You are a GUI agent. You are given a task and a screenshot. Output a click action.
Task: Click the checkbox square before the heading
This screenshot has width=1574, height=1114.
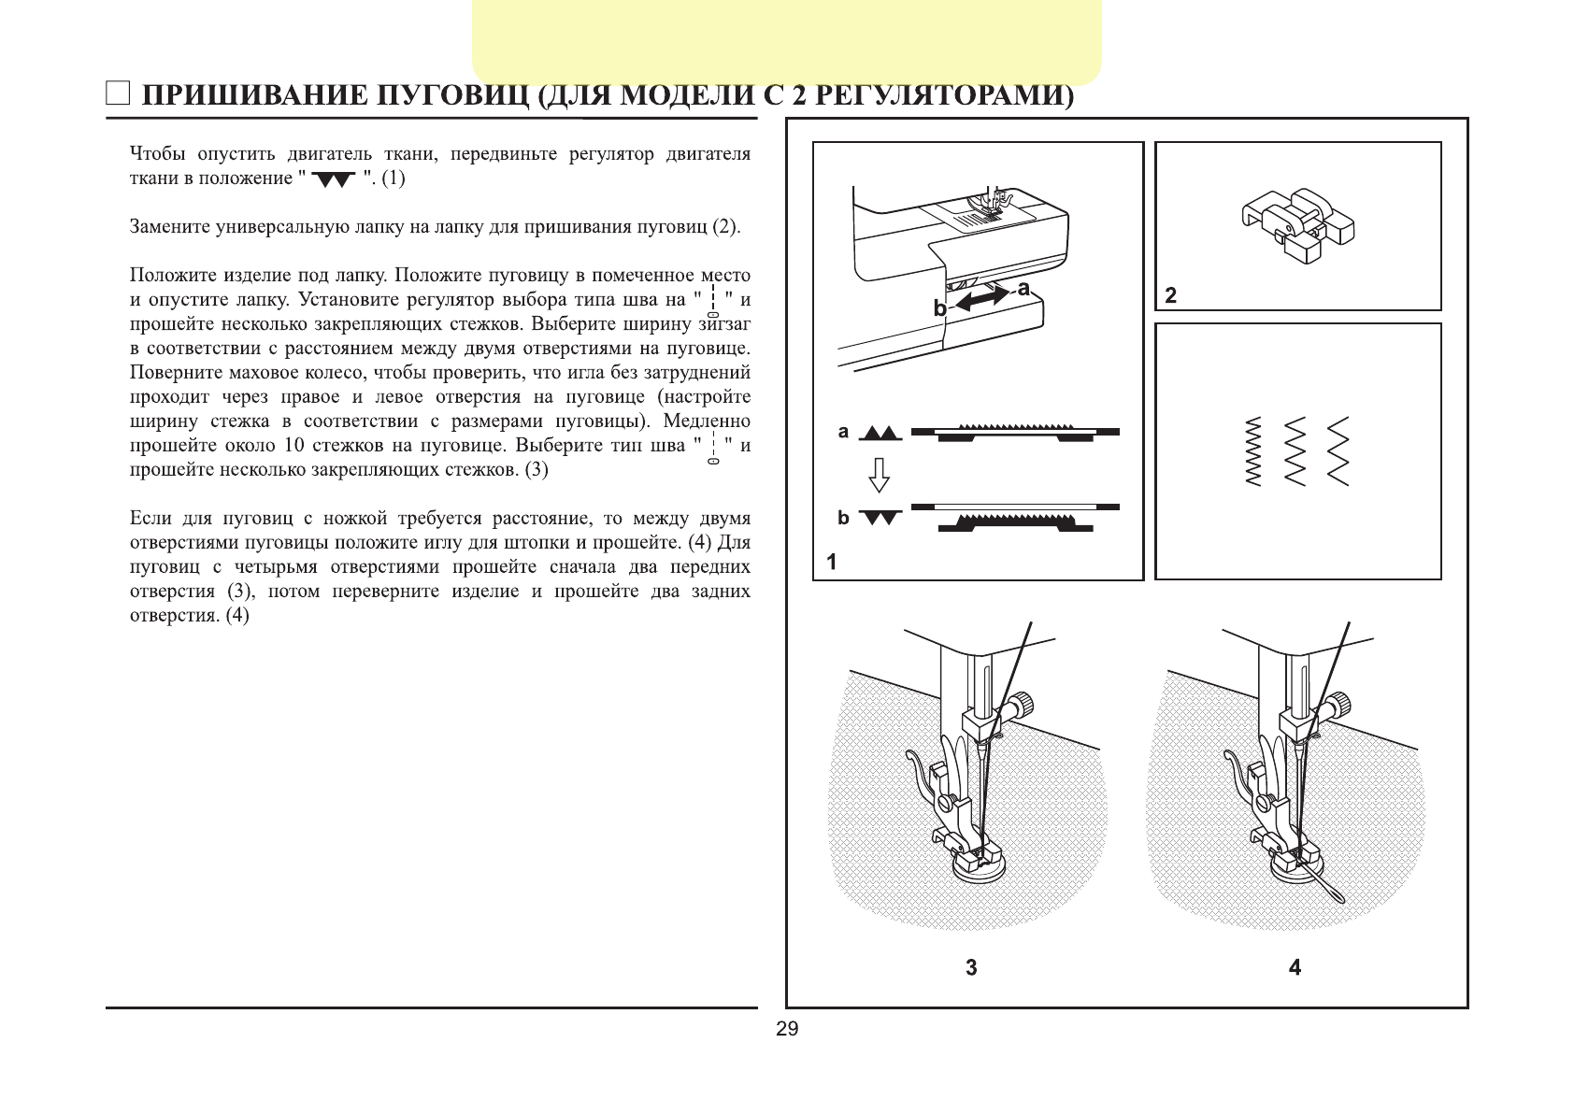(118, 93)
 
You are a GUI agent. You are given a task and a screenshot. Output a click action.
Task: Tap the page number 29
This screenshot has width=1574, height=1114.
(787, 1029)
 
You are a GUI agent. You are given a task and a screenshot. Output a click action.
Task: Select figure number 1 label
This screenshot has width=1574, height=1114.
(832, 562)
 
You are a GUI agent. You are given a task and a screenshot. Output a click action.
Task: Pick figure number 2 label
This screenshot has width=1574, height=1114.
(1171, 295)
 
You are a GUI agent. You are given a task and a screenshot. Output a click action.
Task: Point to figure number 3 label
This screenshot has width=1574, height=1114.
(971, 967)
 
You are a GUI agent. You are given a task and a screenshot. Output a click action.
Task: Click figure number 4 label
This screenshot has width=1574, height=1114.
(1295, 967)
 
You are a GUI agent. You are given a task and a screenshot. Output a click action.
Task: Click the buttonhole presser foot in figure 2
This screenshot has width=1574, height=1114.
(1297, 224)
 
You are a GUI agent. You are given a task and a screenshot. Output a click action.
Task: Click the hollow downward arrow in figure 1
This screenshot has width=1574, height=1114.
(879, 475)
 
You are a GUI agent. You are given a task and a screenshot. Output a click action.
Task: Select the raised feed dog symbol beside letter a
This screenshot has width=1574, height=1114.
(880, 433)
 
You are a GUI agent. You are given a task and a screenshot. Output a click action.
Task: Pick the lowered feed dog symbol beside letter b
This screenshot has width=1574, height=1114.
(880, 517)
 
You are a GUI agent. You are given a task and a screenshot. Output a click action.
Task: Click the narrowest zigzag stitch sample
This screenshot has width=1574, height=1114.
(1253, 450)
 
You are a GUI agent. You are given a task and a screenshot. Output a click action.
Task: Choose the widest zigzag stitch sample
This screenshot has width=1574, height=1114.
(1338, 450)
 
